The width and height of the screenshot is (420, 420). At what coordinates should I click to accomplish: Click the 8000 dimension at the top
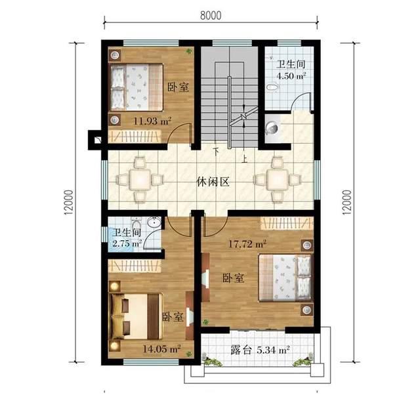click(211, 16)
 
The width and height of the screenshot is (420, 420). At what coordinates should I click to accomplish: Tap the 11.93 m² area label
click(152, 121)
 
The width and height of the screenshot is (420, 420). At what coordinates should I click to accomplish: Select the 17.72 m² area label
click(247, 243)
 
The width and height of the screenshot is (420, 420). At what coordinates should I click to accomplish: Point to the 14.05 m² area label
click(161, 348)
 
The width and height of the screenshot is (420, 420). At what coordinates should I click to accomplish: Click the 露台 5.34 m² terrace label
click(260, 350)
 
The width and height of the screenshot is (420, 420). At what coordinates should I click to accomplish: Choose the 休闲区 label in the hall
click(213, 182)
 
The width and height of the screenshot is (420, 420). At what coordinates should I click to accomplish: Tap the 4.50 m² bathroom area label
click(291, 76)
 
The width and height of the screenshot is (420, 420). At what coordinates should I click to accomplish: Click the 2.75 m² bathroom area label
click(127, 243)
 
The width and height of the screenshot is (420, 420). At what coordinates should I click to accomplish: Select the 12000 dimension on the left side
click(69, 202)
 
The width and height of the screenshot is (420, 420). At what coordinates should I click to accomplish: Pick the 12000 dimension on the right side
click(346, 202)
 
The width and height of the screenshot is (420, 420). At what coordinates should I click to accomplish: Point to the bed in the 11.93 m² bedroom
click(136, 87)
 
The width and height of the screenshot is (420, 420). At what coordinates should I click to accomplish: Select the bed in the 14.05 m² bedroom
click(136, 317)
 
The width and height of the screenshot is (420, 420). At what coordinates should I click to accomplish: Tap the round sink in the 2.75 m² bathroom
click(154, 222)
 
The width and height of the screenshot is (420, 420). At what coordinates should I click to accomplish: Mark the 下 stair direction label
click(216, 151)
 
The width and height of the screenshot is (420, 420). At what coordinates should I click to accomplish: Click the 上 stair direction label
click(244, 159)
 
